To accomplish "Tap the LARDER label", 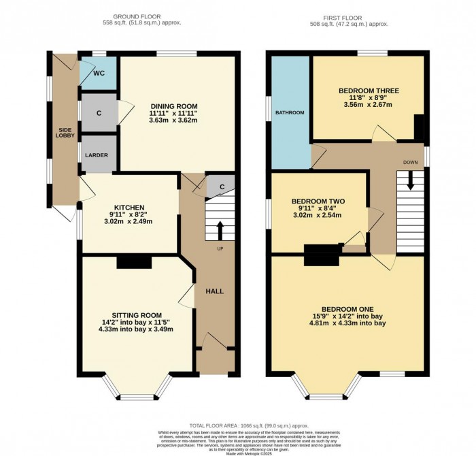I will click(x=96, y=155).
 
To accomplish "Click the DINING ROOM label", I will click(x=174, y=106).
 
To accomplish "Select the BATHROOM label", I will click(x=289, y=112).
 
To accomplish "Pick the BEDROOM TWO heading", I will click(x=319, y=201).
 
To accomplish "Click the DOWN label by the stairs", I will click(x=411, y=163).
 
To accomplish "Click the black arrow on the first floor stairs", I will click(x=411, y=180).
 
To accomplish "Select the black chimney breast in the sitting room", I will click(x=133, y=262).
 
